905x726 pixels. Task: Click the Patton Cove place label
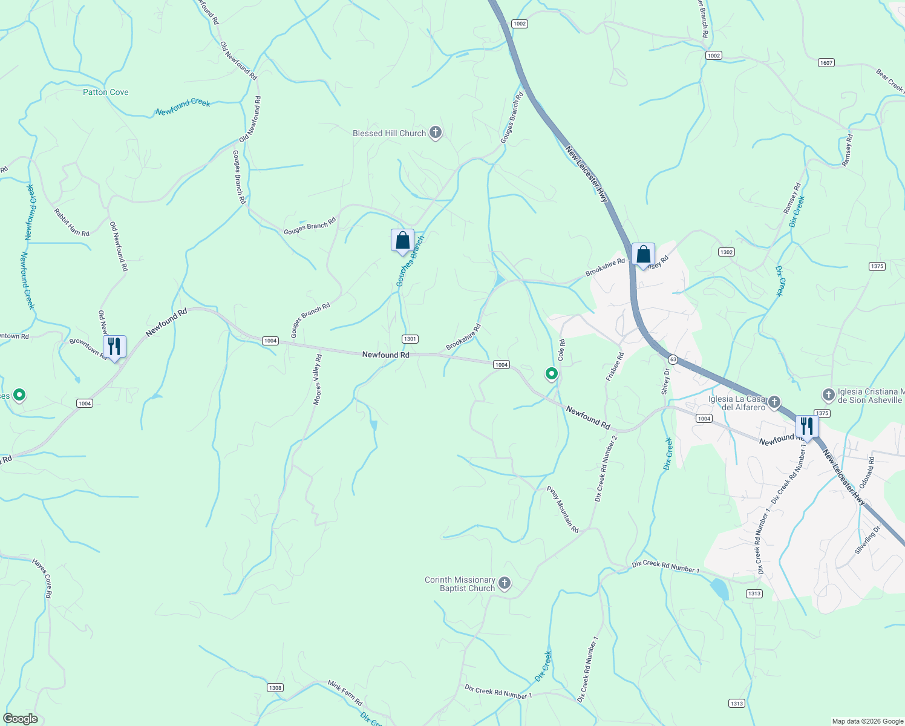[106, 92]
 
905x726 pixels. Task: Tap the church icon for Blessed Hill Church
[435, 133]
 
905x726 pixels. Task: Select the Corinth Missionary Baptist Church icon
[505, 584]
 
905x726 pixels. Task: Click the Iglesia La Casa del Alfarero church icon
[774, 402]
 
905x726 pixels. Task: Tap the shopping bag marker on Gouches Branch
[402, 241]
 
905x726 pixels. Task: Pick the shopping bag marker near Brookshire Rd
[643, 255]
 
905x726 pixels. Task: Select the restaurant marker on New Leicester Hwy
[807, 427]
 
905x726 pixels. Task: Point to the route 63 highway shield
[673, 359]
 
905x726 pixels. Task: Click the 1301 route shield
[410, 339]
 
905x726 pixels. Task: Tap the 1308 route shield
[275, 687]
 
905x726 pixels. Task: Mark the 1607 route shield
[826, 63]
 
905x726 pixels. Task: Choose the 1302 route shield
[726, 252]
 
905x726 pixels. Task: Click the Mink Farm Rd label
[345, 693]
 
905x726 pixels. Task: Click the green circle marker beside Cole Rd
[551, 374]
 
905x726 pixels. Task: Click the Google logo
[20, 719]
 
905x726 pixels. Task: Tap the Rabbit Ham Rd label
[71, 222]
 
